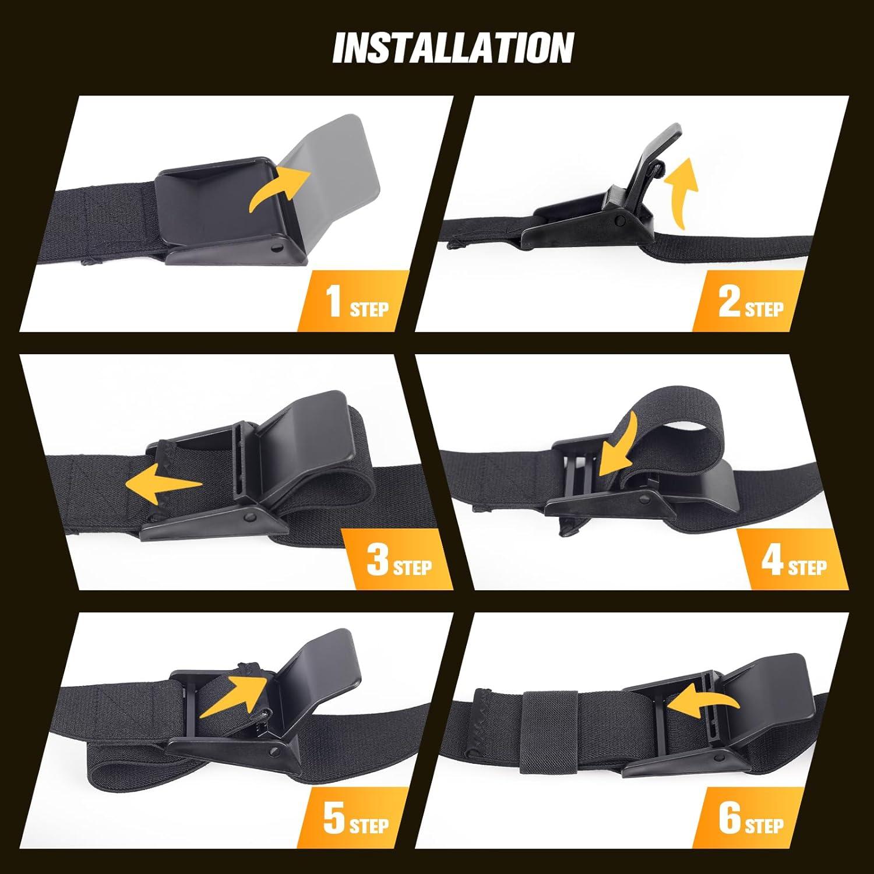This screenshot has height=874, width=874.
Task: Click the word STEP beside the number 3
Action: coord(413,566)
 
